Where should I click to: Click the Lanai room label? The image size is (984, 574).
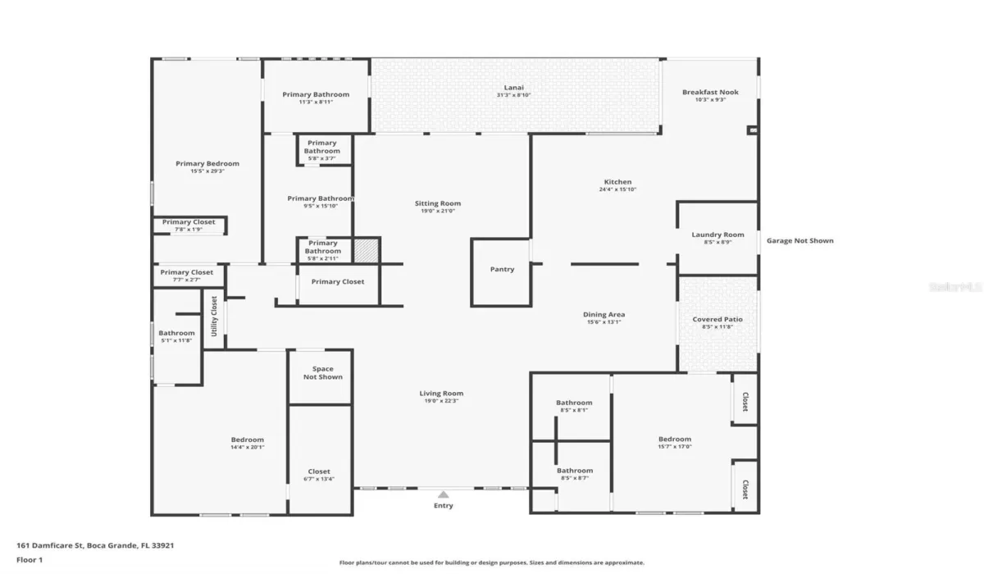[x=513, y=88]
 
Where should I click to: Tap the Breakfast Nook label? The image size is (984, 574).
[x=710, y=93]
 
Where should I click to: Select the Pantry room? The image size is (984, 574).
[x=502, y=270]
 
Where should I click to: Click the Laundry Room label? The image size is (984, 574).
[x=717, y=235]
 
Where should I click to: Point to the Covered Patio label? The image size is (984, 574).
[x=717, y=319]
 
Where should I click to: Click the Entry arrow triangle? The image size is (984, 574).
[x=443, y=494]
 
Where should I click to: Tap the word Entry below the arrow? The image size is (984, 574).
[x=443, y=506]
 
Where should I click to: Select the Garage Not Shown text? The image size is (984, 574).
[x=799, y=241]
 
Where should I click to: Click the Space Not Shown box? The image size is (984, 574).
[x=322, y=373]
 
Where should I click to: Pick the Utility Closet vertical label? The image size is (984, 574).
[x=214, y=317]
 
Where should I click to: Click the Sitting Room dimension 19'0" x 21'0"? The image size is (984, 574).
[x=437, y=212]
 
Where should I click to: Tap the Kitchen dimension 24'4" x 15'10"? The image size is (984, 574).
[x=617, y=189]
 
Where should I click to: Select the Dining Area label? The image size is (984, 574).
[x=604, y=315]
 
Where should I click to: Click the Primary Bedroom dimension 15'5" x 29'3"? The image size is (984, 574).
[x=207, y=171]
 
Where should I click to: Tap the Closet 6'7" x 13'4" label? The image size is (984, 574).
[x=319, y=471]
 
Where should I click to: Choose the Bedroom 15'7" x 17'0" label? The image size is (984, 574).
[x=674, y=440]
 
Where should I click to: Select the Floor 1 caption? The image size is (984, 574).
[x=30, y=560]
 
